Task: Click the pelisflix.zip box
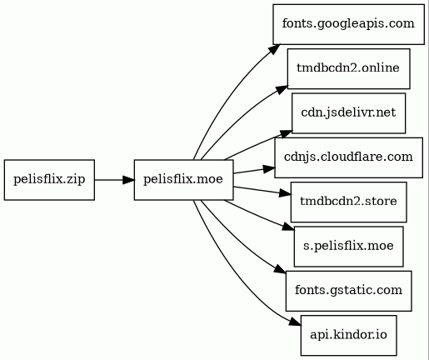coord(49,180)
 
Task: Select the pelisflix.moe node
coord(184,180)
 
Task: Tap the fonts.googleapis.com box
coord(348,24)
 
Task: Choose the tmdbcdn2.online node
coord(348,68)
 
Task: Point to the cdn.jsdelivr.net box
coord(348,113)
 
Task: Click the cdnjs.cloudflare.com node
coord(349,157)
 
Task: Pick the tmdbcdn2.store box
coord(349,202)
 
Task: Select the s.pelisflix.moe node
coord(349,247)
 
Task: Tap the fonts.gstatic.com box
coord(349,291)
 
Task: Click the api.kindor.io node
coord(349,335)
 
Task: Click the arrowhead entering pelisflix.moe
coord(128,180)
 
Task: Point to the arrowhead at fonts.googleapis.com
coord(274,49)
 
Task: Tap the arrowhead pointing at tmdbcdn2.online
coord(282,90)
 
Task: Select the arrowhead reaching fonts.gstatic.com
coord(280,269)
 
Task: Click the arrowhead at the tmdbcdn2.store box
coord(285,193)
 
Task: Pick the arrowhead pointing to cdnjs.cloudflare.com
coord(269,169)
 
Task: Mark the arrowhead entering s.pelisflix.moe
coord(288,227)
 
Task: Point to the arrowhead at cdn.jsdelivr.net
coord(286,133)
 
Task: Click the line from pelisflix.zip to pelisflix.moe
coord(108,180)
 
